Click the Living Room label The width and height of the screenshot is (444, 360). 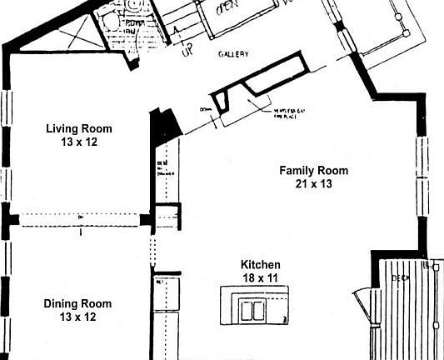(x=78, y=129)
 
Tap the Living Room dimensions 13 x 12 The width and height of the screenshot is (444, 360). (x=78, y=142)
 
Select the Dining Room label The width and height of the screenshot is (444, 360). (x=77, y=304)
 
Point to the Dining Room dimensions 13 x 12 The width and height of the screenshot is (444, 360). (x=77, y=317)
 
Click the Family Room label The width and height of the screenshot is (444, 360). (x=313, y=171)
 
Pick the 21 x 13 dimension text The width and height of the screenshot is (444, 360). (x=313, y=184)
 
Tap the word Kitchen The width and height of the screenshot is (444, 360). (x=261, y=265)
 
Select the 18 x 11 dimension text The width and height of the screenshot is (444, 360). (x=261, y=278)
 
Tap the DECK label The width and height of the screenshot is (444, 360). (x=402, y=277)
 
